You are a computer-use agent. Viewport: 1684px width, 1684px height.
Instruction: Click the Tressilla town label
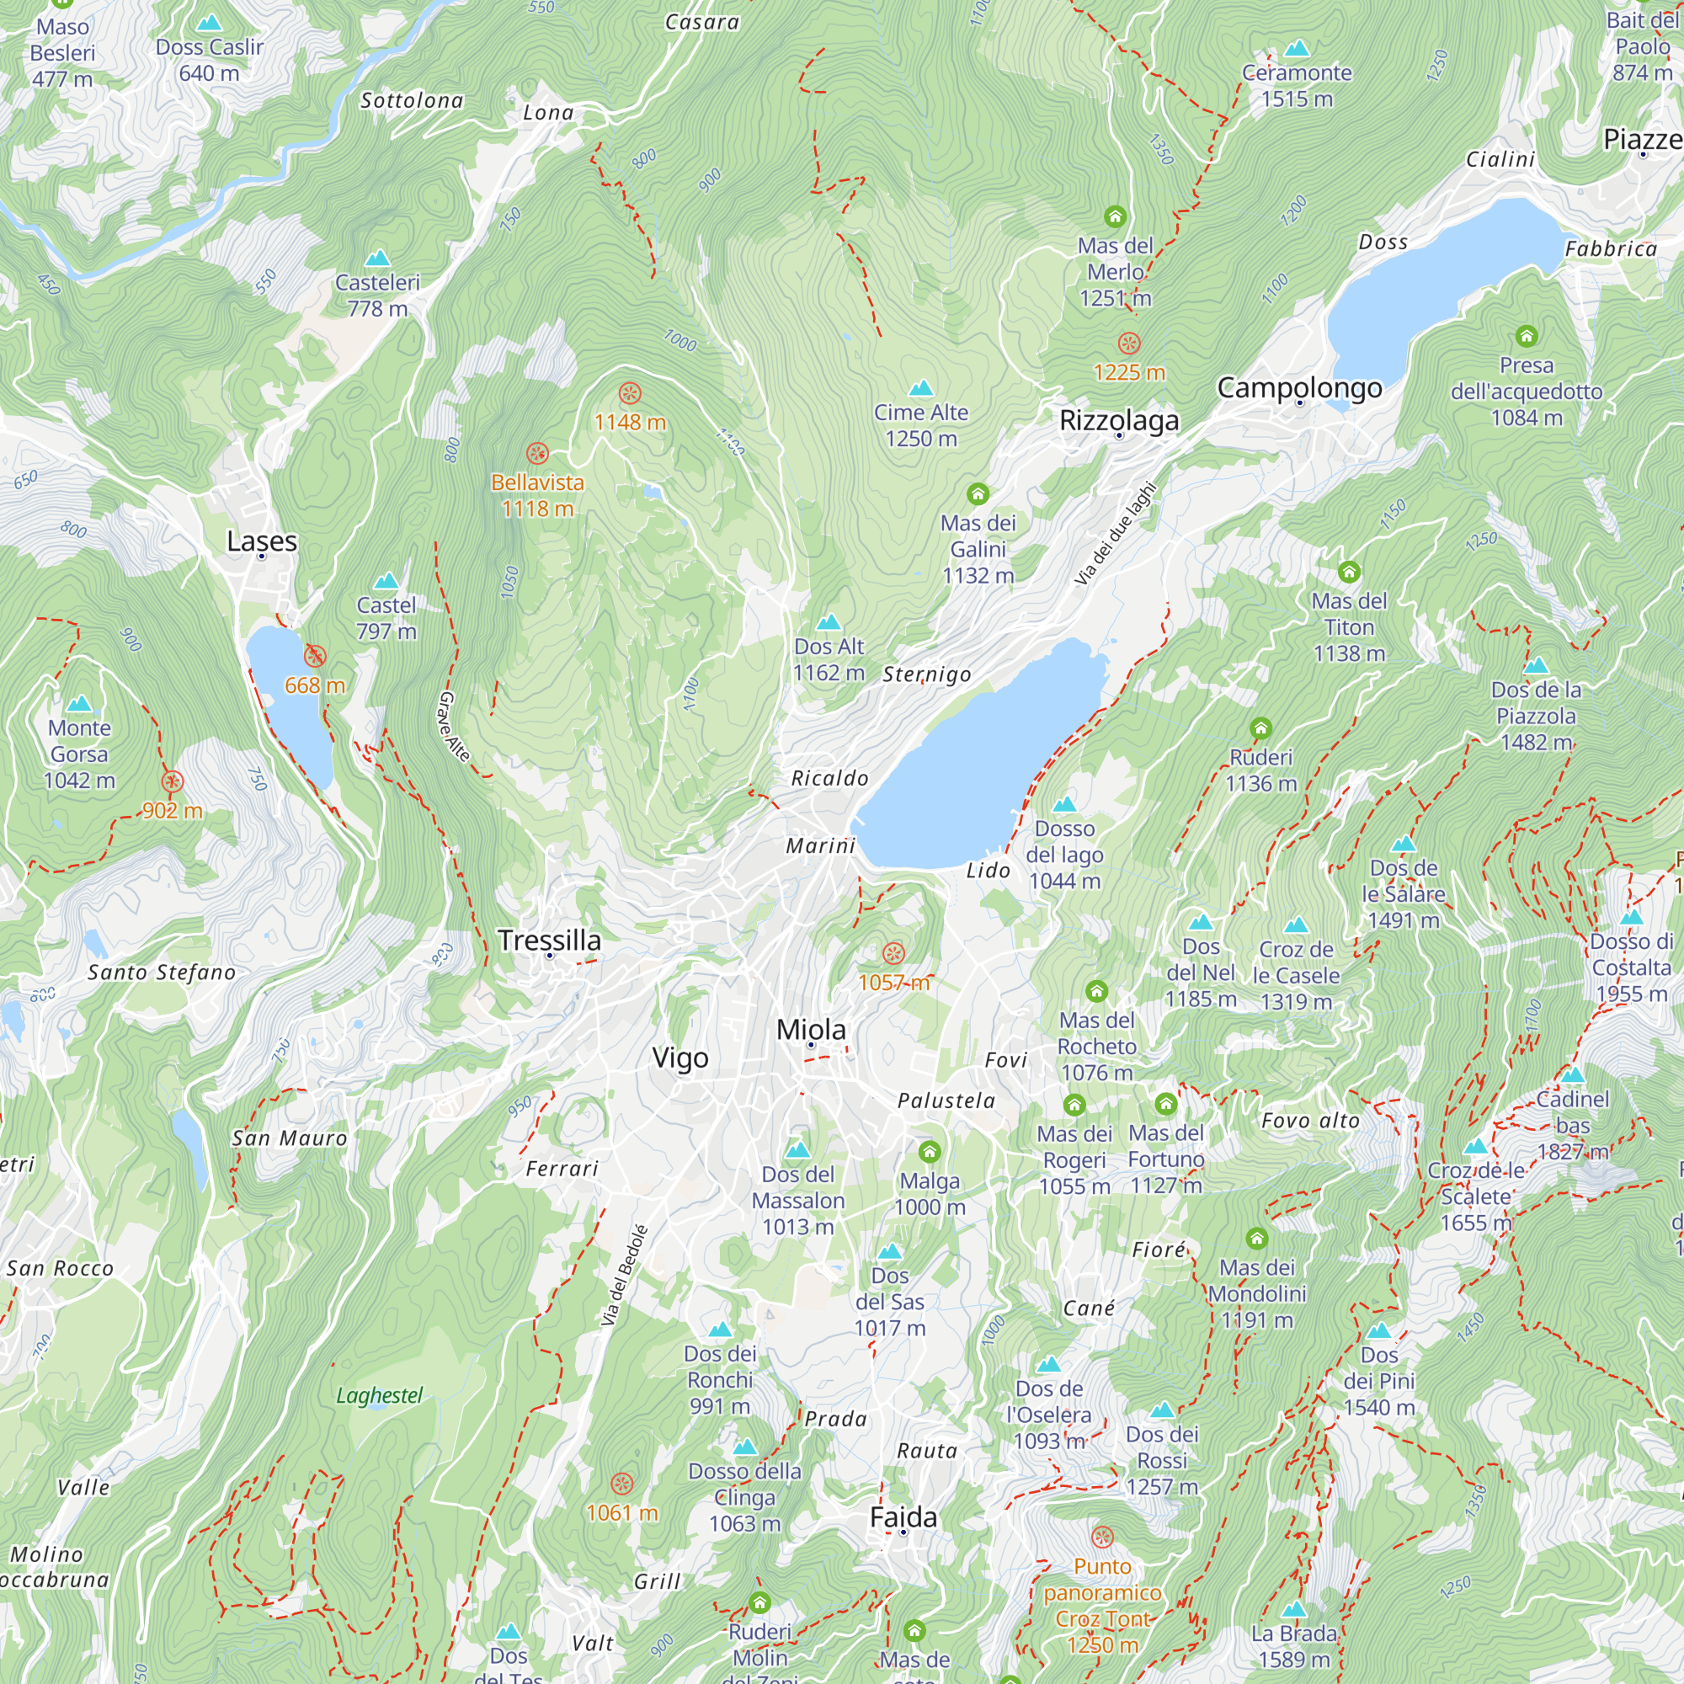tap(549, 940)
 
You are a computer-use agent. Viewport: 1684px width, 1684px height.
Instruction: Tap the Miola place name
tap(811, 1030)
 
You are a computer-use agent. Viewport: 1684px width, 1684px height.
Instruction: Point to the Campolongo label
tap(1298, 387)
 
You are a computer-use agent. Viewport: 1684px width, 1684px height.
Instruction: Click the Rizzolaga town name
tap(1119, 420)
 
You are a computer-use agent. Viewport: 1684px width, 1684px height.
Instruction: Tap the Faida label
tap(903, 1516)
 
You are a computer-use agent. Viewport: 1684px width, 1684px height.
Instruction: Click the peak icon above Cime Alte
tap(920, 388)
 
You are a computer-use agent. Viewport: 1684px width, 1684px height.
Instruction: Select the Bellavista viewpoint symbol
tap(537, 453)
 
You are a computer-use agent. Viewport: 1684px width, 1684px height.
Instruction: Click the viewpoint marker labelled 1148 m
tap(629, 393)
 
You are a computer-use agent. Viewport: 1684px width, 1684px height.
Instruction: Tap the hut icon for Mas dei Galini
tap(978, 494)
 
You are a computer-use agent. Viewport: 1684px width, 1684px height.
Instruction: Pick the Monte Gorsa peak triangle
tap(79, 703)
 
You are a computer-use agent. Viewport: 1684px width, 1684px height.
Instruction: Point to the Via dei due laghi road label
tap(1115, 534)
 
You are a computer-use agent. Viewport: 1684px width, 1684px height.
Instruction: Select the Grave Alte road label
tap(453, 726)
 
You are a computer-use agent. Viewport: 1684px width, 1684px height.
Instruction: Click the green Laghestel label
tap(379, 1395)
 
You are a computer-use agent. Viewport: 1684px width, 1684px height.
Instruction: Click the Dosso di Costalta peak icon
tap(1631, 917)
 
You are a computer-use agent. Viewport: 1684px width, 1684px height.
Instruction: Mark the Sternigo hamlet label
tap(925, 674)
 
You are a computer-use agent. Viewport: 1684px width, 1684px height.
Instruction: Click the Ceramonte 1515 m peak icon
tap(1296, 48)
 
